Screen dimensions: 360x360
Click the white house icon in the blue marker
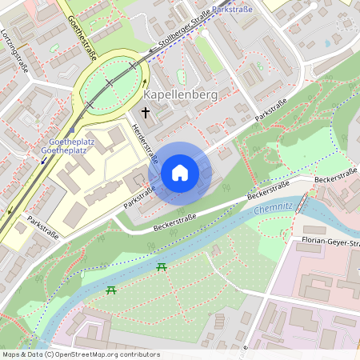click(180, 173)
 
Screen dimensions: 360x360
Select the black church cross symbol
click(146, 114)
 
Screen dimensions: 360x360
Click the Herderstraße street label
click(142, 140)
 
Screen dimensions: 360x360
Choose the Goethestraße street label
click(83, 38)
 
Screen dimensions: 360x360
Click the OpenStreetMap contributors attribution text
click(80, 354)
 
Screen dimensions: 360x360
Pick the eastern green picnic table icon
click(162, 266)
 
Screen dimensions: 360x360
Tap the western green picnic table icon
click(111, 290)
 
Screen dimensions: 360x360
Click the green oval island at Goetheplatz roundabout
click(113, 82)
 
